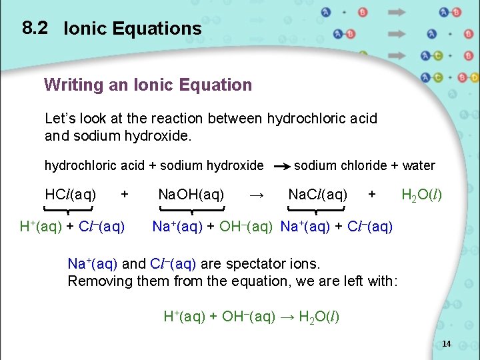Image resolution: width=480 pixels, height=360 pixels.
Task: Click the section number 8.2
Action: (35, 27)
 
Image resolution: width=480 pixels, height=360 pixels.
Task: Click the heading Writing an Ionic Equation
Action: (148, 85)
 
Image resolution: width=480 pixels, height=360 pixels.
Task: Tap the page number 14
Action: (446, 344)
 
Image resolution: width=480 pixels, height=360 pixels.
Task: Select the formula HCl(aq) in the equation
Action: (70, 195)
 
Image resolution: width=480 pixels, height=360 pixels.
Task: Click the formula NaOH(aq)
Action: (191, 195)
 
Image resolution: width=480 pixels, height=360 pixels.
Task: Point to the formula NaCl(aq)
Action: (317, 195)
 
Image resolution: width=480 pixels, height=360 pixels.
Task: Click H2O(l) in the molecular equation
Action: (421, 195)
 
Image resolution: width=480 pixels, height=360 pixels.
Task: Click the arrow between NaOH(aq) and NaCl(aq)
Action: (257, 195)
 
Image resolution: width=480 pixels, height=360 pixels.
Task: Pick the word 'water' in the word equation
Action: (419, 165)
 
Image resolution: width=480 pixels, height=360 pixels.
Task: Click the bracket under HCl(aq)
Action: (70, 209)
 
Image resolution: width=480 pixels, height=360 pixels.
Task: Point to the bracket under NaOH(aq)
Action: (191, 209)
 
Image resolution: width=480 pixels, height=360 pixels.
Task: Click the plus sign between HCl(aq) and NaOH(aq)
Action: (124, 194)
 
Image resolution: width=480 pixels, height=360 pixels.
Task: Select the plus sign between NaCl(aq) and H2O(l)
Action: (372, 194)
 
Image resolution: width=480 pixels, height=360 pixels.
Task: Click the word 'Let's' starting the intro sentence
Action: (60, 119)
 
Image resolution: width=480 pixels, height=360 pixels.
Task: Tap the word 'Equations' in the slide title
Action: (160, 28)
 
